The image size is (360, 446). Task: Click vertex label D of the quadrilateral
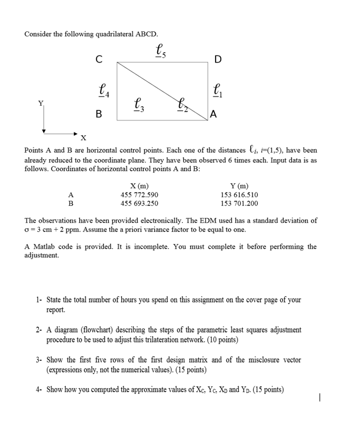tap(217, 59)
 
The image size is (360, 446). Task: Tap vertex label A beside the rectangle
tap(214, 115)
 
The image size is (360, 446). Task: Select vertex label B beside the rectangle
tap(99, 115)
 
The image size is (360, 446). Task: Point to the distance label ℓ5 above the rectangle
tap(161, 51)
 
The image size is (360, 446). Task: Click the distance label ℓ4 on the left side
tap(104, 91)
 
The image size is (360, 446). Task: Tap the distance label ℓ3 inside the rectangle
tap(139, 105)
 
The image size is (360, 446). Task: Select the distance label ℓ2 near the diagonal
tap(182, 106)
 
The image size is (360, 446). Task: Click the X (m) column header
tap(139, 186)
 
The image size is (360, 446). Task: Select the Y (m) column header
tap(239, 186)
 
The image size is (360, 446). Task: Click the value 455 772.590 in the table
tap(139, 195)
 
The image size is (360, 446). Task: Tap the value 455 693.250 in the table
tap(139, 204)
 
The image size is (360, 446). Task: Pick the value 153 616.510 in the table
tap(239, 195)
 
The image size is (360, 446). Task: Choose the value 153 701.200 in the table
tap(239, 204)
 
